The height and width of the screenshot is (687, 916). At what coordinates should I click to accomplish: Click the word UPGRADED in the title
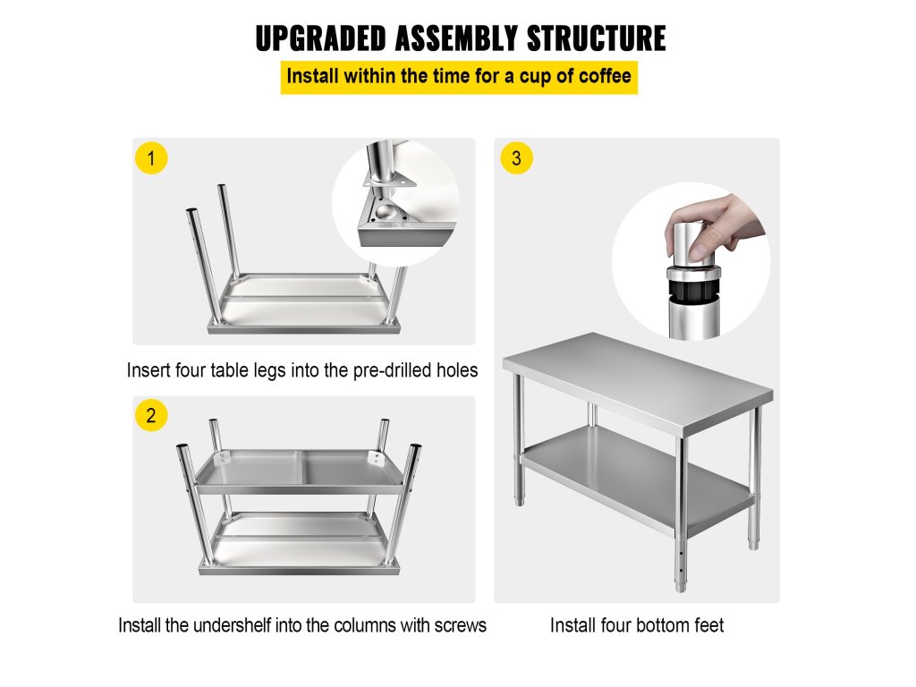321,38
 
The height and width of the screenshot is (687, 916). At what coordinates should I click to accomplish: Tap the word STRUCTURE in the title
596,38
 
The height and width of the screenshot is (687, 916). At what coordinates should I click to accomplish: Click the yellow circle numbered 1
151,158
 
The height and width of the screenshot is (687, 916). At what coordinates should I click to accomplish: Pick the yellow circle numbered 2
151,415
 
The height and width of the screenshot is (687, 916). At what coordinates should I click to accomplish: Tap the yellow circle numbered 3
516,158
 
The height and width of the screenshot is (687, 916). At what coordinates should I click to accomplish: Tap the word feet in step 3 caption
708,625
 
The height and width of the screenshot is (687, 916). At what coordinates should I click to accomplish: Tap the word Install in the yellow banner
312,76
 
